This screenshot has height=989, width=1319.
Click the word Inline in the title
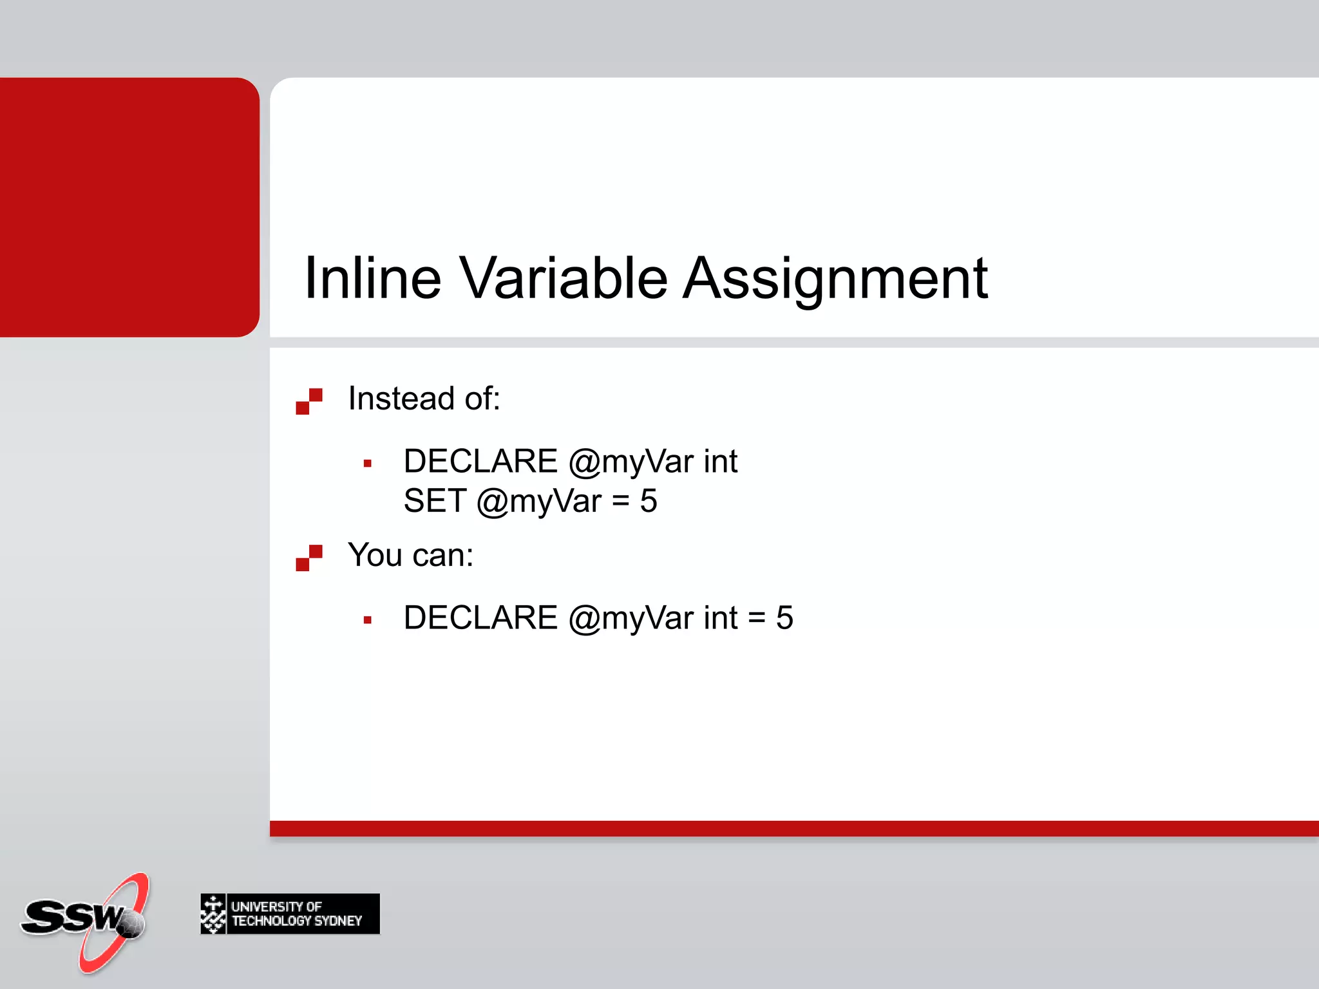pos(372,278)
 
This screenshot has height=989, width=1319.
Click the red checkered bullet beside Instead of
pos(309,401)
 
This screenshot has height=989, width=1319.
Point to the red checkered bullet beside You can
pos(309,558)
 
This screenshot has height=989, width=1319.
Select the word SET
pos(435,501)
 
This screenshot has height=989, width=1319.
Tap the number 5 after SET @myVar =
pos(649,501)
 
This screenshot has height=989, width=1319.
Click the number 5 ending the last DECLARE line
pos(784,618)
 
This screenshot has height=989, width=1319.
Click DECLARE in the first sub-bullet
pos(480,462)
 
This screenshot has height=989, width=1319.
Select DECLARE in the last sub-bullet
pos(480,618)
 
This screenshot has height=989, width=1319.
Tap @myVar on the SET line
pos(539,501)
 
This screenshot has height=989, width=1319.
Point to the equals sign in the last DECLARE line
pos(757,618)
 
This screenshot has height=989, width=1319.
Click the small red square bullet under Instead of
pos(368,463)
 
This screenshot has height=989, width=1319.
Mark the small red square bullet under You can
pos(368,620)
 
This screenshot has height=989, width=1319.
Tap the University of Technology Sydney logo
pos(290,914)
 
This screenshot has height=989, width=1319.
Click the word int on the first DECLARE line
pos(720,462)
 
